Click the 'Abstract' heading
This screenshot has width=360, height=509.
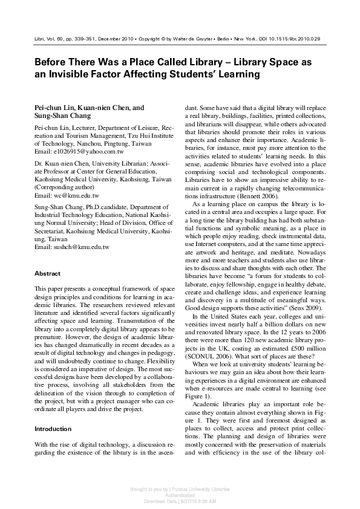[47, 274]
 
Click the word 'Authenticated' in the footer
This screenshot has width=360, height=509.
[180, 494]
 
